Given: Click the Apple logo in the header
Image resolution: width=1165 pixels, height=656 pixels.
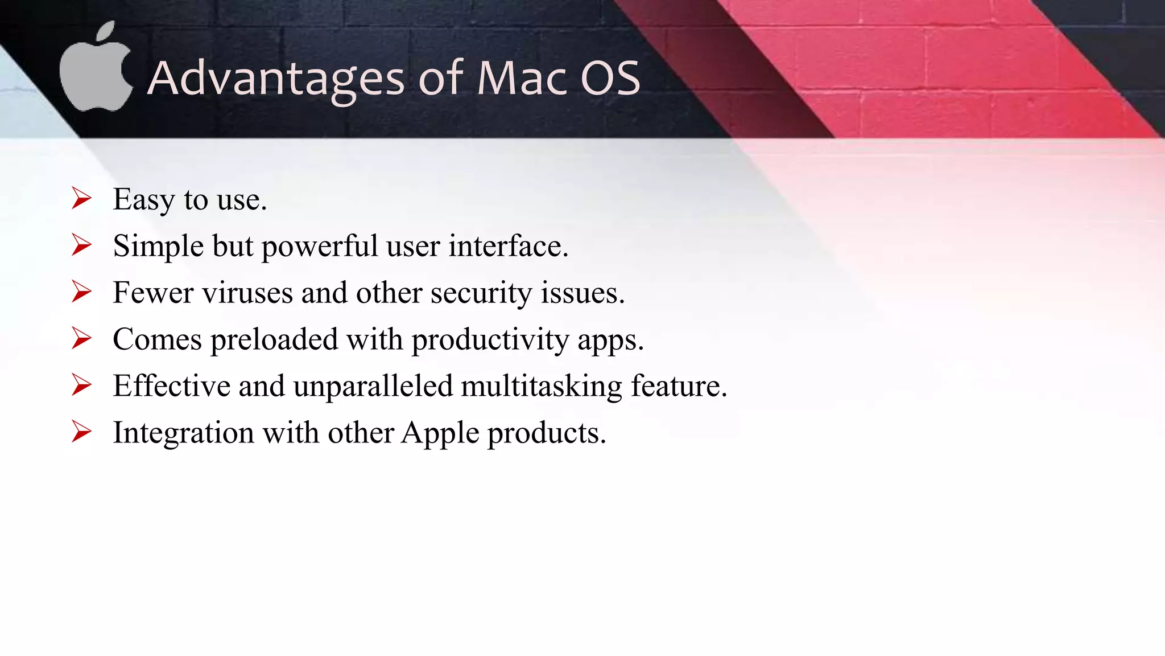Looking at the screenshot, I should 95,77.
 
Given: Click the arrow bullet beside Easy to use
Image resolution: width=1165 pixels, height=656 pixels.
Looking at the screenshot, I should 82,199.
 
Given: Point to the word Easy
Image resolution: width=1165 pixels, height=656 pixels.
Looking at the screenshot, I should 143,200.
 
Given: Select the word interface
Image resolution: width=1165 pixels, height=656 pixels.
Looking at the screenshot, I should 507,246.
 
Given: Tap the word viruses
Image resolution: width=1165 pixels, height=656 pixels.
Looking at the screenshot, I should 247,293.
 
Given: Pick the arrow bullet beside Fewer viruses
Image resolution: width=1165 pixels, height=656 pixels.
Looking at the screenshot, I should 82,292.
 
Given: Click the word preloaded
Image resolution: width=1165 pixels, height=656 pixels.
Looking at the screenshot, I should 274,339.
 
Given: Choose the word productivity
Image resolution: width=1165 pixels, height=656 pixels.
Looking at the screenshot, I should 490,341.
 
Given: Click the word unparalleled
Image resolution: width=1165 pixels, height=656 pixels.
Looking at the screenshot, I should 373,386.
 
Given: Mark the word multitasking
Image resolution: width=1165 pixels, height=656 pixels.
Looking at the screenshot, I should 541,387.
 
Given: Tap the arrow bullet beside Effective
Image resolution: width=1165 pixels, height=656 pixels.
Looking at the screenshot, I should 82,386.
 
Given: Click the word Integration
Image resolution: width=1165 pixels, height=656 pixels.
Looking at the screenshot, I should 183,433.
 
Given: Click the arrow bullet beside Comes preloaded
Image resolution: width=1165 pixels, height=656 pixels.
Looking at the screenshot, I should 82,339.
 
